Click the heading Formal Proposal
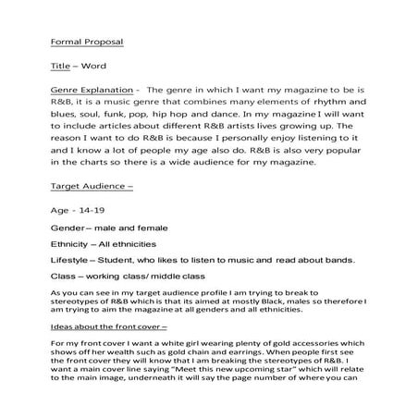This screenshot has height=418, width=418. pyautogui.click(x=85, y=42)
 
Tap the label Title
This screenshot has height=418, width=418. pyautogui.click(x=59, y=68)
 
